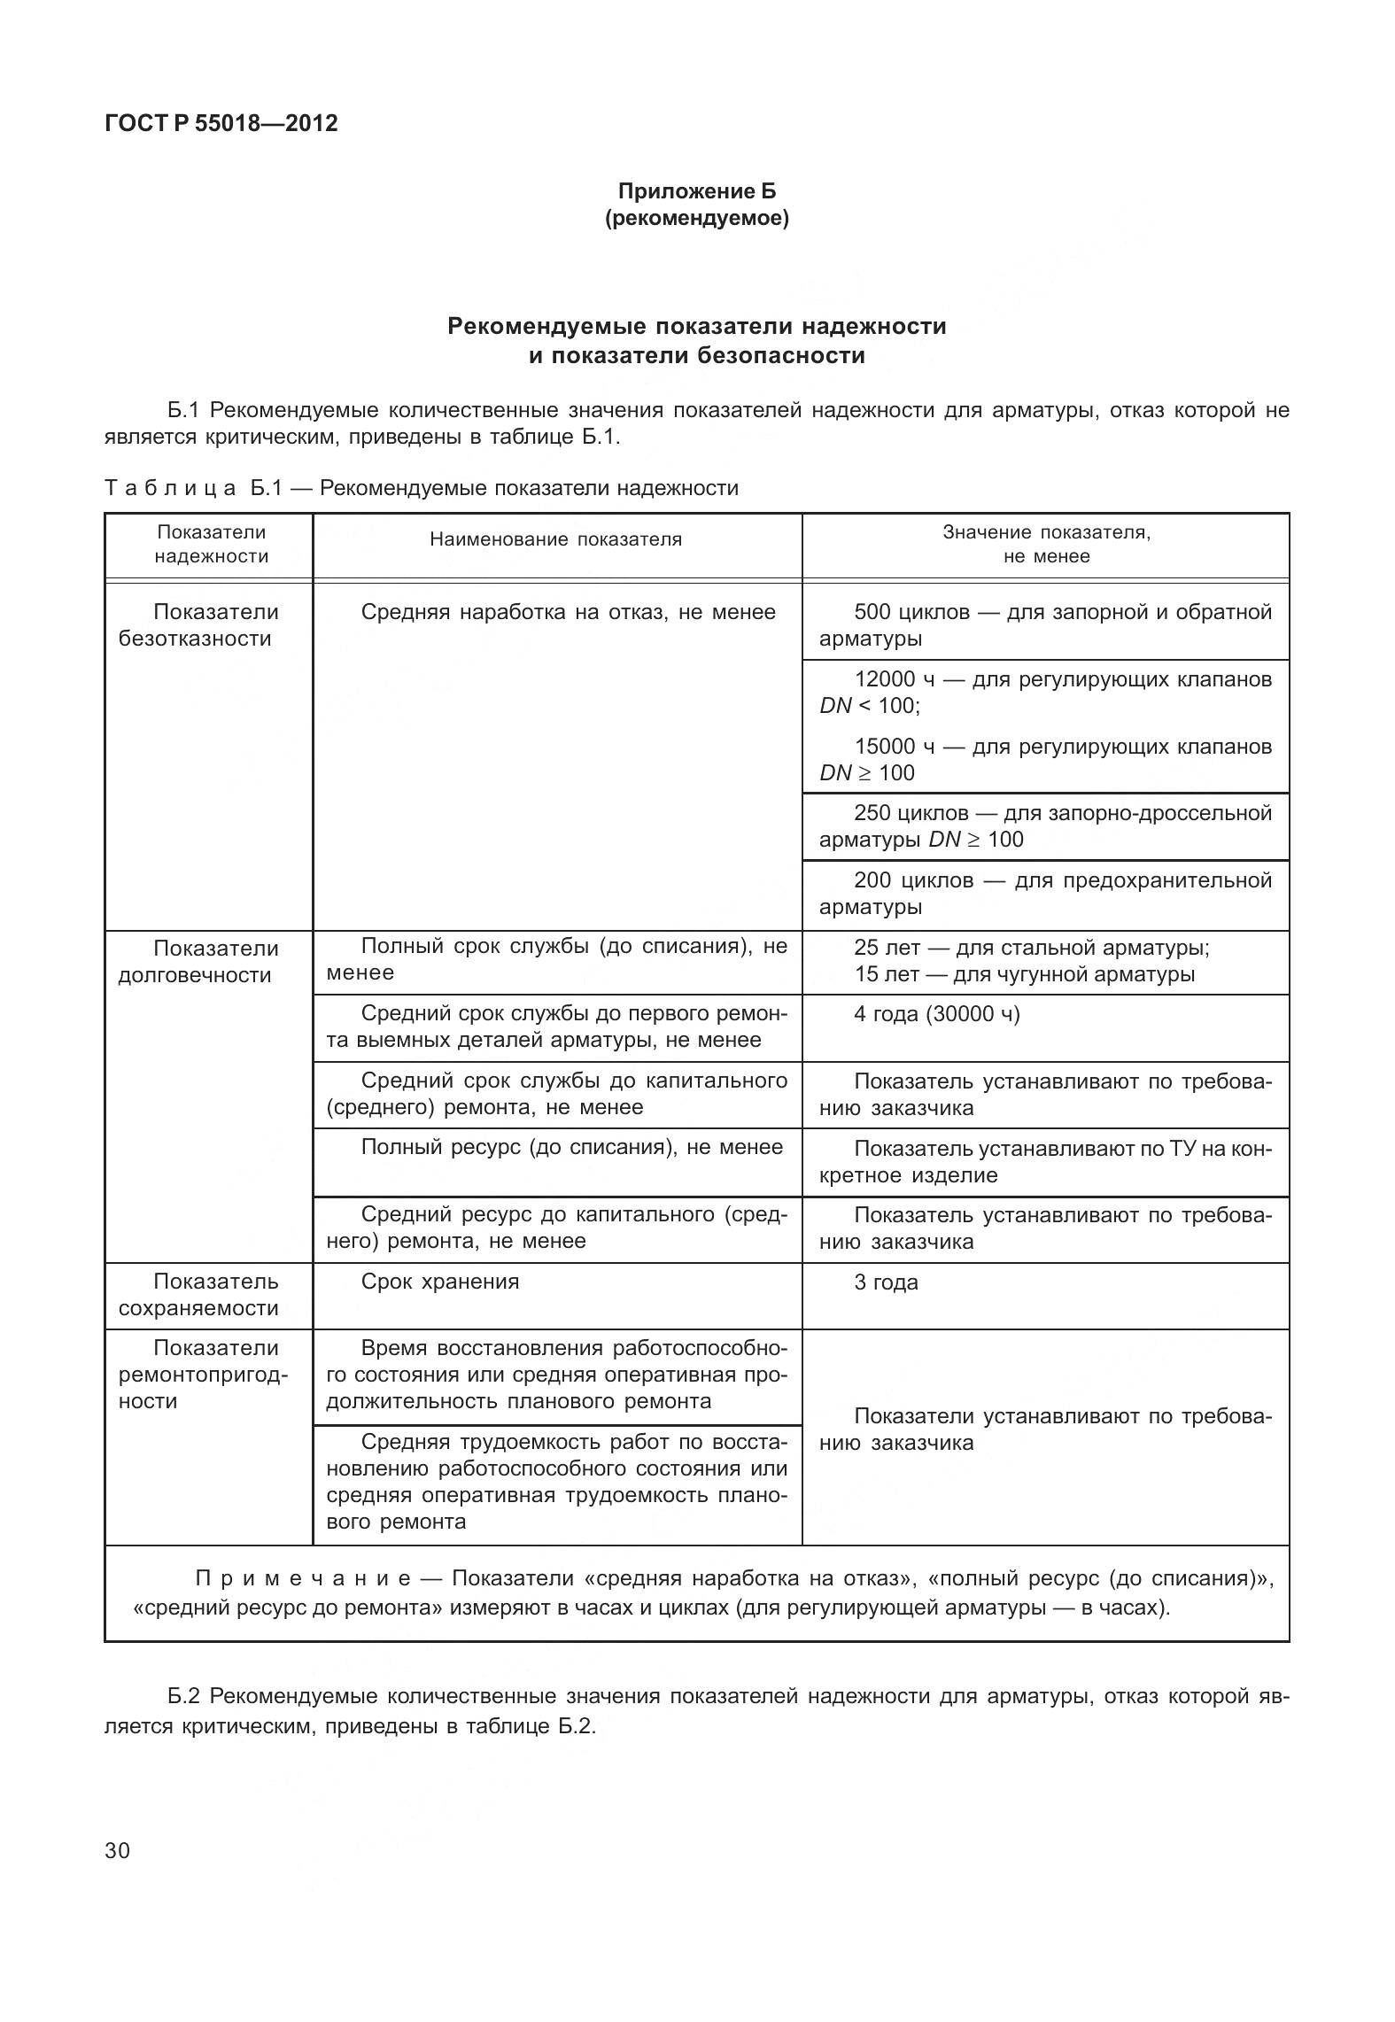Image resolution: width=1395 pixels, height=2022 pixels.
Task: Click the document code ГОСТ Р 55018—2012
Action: (221, 123)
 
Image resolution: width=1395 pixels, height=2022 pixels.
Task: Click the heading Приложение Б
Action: (696, 191)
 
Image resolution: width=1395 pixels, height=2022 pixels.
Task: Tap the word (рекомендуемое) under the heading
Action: (696, 218)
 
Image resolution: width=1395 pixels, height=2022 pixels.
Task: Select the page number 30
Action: (117, 1850)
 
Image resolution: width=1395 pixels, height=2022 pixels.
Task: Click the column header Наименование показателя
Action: (556, 539)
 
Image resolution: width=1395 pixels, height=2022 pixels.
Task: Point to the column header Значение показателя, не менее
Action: (1046, 544)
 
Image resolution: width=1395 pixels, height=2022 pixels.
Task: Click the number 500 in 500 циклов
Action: (872, 612)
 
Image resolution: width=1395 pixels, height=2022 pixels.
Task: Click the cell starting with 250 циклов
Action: (1045, 826)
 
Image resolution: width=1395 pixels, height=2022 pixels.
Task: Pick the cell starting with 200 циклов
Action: (1045, 894)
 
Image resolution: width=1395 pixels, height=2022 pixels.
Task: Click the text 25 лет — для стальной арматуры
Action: (1032, 948)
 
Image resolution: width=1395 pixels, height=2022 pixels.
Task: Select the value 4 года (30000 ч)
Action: (936, 1014)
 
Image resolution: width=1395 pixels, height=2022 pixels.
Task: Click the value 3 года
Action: (886, 1282)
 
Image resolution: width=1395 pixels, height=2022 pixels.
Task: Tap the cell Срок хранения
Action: (440, 1282)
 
